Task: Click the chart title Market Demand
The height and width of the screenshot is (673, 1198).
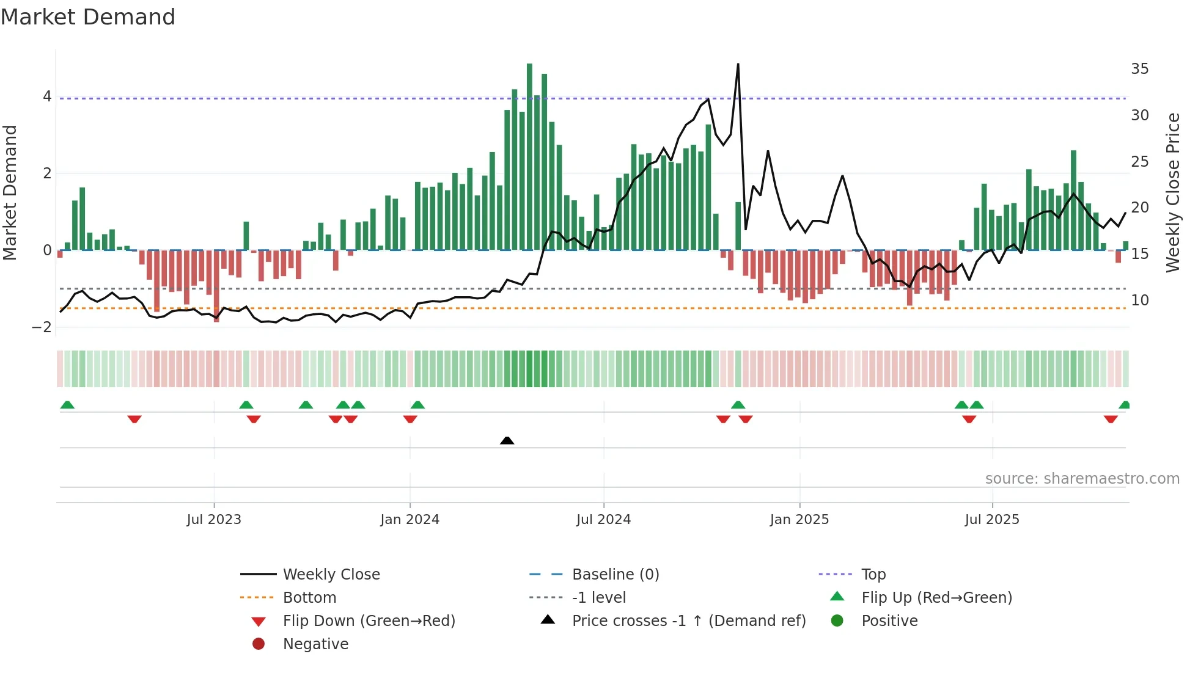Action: (x=88, y=17)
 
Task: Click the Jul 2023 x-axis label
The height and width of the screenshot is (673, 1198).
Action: (x=214, y=520)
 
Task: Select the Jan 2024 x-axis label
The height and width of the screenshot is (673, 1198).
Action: (x=410, y=520)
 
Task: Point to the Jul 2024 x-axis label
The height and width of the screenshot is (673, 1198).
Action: (x=603, y=520)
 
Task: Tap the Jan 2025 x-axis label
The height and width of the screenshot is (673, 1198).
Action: (x=799, y=520)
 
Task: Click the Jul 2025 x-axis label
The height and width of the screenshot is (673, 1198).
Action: (x=992, y=520)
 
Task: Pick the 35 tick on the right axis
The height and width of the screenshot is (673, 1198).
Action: (x=1139, y=69)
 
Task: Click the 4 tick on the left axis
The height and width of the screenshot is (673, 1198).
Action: (x=47, y=96)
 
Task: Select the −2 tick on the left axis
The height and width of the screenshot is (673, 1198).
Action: (x=42, y=327)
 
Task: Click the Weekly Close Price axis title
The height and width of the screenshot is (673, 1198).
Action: (x=1172, y=192)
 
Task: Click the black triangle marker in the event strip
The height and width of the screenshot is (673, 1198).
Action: (x=507, y=440)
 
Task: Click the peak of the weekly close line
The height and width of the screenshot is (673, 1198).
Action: (x=738, y=64)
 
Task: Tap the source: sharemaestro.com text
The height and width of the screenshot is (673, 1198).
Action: (x=1082, y=479)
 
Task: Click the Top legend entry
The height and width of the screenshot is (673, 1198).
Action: (x=873, y=575)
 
